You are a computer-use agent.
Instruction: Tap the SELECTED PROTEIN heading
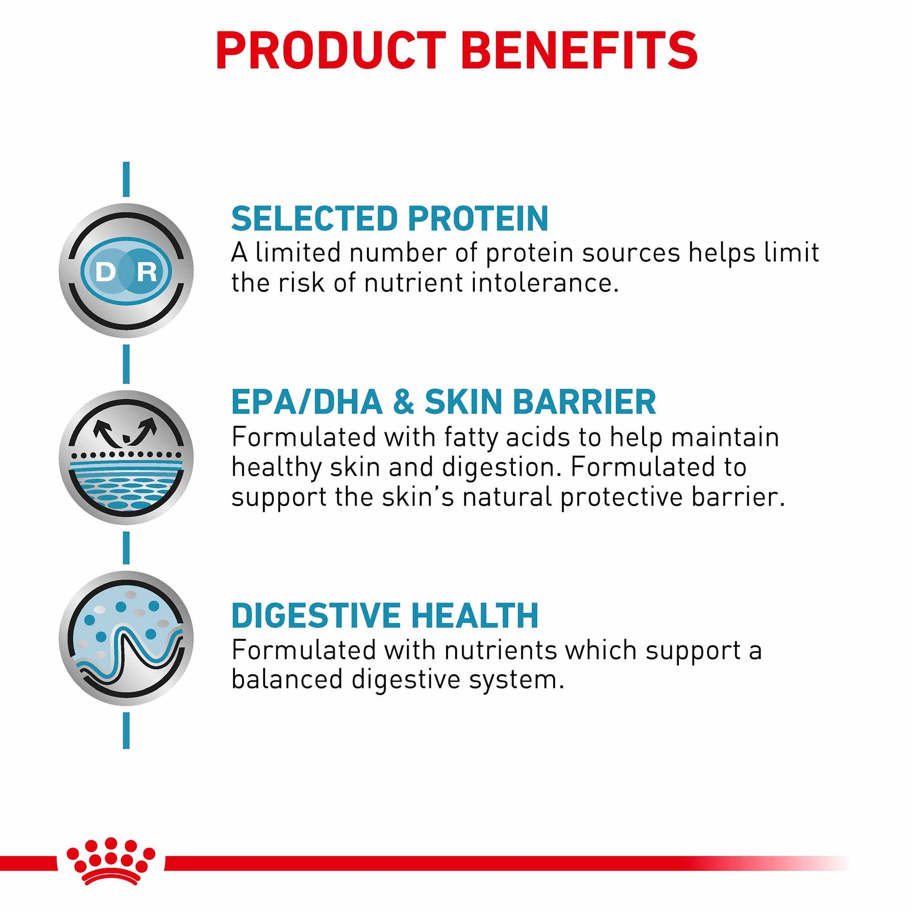390,218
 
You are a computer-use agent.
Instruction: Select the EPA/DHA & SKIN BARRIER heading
444,402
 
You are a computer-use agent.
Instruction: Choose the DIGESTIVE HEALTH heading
385,615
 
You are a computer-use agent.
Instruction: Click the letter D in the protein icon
105,272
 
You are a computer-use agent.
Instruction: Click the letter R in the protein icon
146,272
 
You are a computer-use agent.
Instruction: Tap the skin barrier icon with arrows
126,457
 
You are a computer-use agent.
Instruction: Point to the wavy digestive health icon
126,638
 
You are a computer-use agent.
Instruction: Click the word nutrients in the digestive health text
501,651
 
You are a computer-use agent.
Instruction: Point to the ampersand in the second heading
403,402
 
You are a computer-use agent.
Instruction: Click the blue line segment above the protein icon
126,179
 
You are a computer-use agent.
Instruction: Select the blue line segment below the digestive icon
126,730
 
